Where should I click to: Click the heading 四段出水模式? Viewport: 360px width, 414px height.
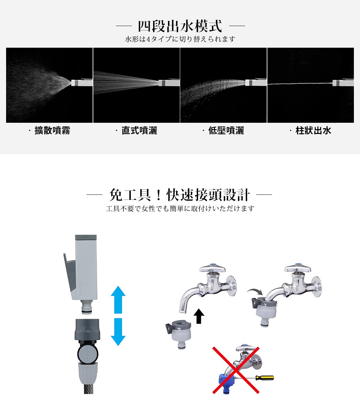tap(180, 26)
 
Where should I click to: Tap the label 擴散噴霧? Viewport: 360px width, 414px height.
tap(52, 131)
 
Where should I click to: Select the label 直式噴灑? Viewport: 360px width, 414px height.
tap(139, 131)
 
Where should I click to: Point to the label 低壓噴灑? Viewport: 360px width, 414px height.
tap(226, 131)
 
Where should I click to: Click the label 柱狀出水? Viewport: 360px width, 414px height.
tap(313, 131)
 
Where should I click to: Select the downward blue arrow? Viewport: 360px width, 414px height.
tap(118, 332)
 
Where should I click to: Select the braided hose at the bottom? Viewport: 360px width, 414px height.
tap(88, 388)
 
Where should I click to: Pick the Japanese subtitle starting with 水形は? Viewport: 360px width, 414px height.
tap(180, 39)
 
